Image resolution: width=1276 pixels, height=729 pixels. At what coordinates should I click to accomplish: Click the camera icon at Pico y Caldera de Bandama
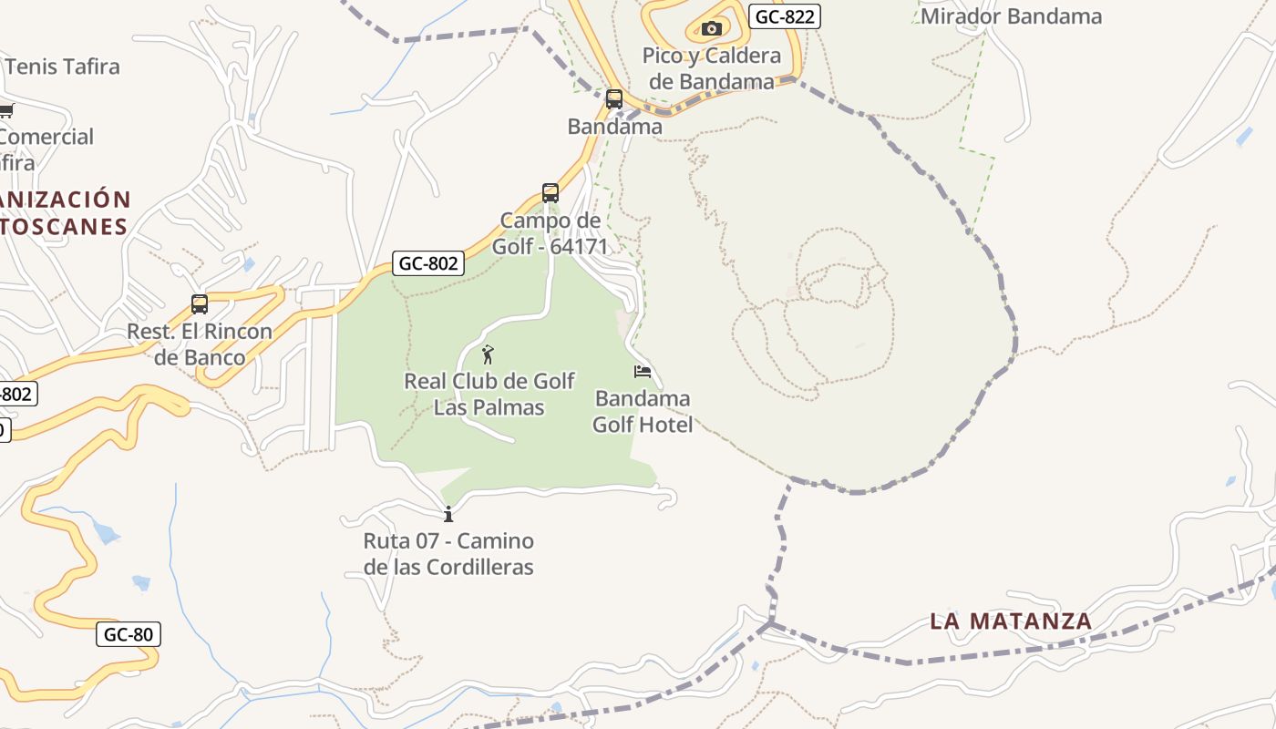coord(712,28)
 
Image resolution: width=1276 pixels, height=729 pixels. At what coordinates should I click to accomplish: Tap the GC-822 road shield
coord(784,15)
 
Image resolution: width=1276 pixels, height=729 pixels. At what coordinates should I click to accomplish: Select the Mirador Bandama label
coord(1011,16)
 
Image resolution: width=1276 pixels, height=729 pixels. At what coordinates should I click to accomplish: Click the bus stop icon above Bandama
coord(614,98)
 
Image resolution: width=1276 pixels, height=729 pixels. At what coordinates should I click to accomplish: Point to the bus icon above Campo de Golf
coord(551,193)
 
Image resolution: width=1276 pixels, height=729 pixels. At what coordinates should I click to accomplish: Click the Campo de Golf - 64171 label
coord(551,233)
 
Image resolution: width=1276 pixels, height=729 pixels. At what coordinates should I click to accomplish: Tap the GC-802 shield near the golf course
coord(429,263)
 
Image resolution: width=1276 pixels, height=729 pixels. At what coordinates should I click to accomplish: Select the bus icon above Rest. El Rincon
coord(200,303)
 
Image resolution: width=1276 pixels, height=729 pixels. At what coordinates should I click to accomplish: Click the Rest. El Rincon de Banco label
coord(200,344)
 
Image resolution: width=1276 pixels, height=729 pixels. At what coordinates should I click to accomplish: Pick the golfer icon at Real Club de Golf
coord(488,354)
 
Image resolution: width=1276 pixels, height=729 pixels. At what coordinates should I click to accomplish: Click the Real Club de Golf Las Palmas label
coord(489,394)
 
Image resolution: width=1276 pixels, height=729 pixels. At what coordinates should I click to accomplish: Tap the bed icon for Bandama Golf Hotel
coord(643,372)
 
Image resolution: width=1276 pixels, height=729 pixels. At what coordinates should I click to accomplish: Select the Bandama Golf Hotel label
coord(643,411)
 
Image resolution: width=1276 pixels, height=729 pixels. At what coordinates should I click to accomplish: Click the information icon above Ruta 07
coord(448,514)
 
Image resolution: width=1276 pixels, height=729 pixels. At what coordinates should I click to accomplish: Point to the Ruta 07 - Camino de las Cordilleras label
coord(448,553)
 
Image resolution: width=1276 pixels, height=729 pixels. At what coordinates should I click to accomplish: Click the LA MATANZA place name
coord(1011,621)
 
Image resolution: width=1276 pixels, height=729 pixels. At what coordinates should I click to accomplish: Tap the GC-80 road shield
coord(128,634)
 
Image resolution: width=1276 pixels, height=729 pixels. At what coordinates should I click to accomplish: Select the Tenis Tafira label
coord(63,67)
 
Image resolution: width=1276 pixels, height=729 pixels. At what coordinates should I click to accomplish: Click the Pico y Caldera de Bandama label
coord(712,68)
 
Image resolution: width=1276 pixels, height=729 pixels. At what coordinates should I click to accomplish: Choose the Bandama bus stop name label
coord(615,127)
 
